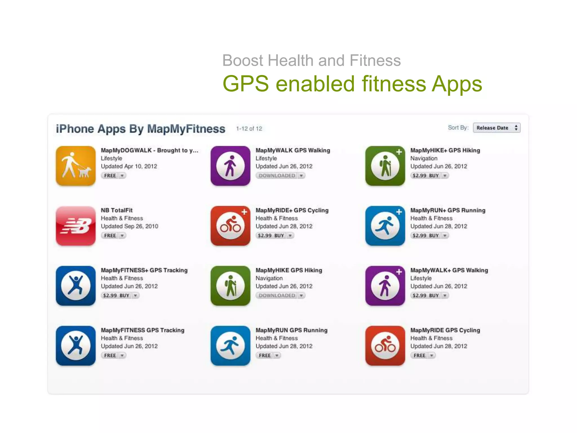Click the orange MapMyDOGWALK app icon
pyautogui.click(x=76, y=166)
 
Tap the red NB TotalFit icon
pyautogui.click(x=76, y=226)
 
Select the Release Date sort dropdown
pyautogui.click(x=496, y=128)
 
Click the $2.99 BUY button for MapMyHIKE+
pyautogui.click(x=426, y=176)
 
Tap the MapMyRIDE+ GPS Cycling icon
pyautogui.click(x=230, y=226)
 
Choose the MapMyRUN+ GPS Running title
pyautogui.click(x=448, y=210)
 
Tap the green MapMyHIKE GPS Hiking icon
pyautogui.click(x=230, y=286)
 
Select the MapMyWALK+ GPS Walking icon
pyautogui.click(x=385, y=286)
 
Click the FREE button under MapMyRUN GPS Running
pyautogui.click(x=265, y=355)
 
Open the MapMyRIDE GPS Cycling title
pyautogui.click(x=445, y=330)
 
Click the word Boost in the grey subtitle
pyautogui.click(x=243, y=61)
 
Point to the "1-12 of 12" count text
pyautogui.click(x=249, y=129)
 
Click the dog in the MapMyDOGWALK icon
pyautogui.click(x=85, y=172)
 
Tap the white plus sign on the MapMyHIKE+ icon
pyautogui.click(x=399, y=152)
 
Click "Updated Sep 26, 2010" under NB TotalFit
pyautogui.click(x=130, y=226)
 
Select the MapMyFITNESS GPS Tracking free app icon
pyautogui.click(x=76, y=346)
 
